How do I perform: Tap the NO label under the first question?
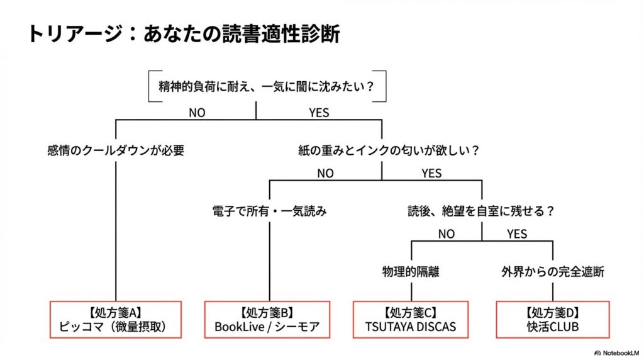196,113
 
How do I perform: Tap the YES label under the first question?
319,113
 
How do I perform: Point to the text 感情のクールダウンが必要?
116,150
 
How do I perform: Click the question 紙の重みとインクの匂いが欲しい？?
389,150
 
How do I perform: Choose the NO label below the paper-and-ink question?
325,173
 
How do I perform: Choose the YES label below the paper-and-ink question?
431,173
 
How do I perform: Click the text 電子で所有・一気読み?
269,211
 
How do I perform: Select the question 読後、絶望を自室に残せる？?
481,211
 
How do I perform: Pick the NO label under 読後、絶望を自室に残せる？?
446,234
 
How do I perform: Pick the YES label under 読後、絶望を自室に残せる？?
517,234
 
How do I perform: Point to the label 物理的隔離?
411,272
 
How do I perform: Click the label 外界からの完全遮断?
553,272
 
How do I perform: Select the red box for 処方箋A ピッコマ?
115,319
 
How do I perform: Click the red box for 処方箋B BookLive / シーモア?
267,319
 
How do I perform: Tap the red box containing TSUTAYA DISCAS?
411,319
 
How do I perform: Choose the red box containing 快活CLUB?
553,319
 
